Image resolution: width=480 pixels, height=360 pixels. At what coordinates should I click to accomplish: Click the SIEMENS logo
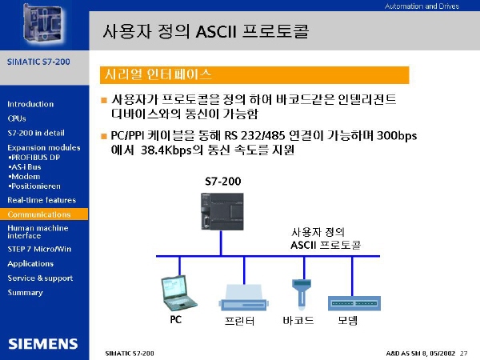click(x=43, y=344)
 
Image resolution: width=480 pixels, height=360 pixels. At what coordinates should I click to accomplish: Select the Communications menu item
click(x=39, y=214)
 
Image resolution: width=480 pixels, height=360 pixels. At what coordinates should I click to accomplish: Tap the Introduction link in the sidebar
click(x=30, y=104)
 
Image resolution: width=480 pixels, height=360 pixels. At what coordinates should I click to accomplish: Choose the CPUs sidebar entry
click(x=17, y=118)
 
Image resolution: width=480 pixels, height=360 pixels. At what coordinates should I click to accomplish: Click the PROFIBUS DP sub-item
click(x=34, y=158)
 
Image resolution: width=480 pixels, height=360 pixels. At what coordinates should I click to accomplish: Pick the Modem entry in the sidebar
click(x=25, y=177)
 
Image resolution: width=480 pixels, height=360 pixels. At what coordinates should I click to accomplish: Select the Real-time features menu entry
click(x=42, y=200)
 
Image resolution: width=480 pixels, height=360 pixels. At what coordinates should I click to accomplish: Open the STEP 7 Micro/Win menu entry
click(x=39, y=249)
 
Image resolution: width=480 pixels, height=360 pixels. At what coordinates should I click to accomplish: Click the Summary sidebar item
click(x=25, y=293)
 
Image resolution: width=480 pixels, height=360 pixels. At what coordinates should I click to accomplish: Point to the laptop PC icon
click(x=178, y=293)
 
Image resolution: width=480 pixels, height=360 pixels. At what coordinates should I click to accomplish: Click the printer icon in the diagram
click(x=244, y=298)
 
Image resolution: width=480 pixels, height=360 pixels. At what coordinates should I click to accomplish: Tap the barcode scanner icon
click(x=302, y=294)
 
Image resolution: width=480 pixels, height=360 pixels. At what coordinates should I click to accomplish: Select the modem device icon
click(x=354, y=303)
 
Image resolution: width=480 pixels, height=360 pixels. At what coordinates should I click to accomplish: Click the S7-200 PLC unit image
click(x=222, y=211)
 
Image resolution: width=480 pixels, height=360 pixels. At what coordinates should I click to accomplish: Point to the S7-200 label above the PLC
click(x=223, y=182)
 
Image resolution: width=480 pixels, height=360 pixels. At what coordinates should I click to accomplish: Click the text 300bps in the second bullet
click(x=397, y=136)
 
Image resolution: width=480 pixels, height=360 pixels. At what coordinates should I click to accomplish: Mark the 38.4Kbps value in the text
click(x=166, y=150)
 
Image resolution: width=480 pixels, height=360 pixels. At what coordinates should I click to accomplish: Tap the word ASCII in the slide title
click(x=216, y=31)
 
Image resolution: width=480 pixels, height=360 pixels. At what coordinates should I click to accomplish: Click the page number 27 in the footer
click(x=463, y=354)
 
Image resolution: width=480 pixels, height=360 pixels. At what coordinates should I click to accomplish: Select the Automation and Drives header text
click(x=422, y=6)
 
